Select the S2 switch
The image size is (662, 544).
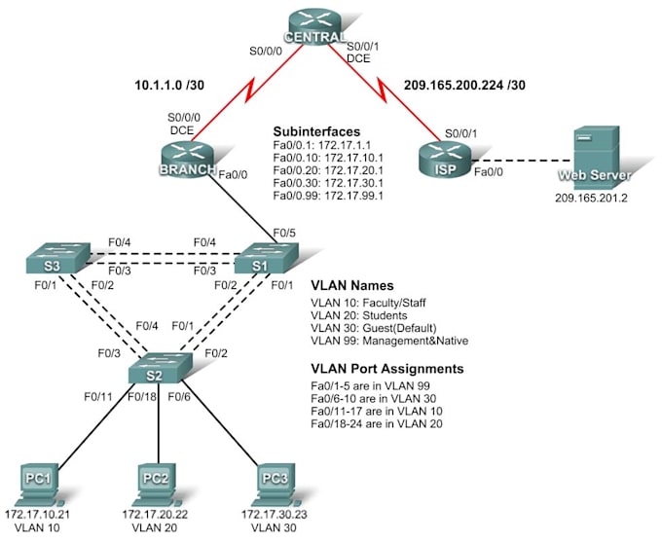pos(160,370)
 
